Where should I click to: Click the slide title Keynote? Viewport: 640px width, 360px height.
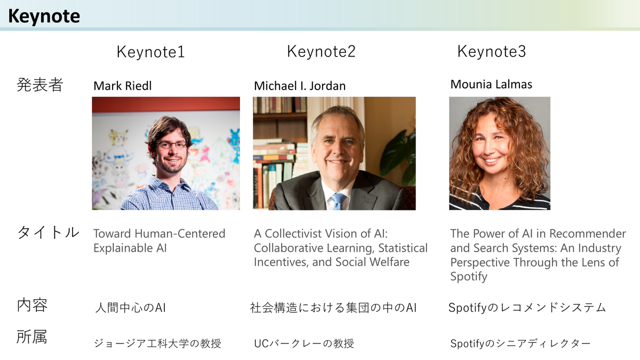coord(44,17)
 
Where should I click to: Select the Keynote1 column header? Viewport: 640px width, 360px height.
coord(150,52)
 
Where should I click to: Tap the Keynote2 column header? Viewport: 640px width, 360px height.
coord(321,52)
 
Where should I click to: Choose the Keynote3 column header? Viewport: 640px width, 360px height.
coord(491,52)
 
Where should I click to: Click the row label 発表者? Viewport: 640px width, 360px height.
coord(39,85)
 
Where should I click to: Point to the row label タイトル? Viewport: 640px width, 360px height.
coord(48,232)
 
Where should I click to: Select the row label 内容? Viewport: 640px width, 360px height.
coord(33,305)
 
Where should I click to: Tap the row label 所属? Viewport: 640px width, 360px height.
coord(31,337)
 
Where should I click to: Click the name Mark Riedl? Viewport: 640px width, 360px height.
coord(123,86)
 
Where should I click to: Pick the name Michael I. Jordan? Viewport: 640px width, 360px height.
coord(300,86)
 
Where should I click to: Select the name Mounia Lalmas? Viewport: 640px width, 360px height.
coord(491,84)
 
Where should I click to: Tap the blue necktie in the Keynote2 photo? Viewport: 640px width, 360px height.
coord(338,201)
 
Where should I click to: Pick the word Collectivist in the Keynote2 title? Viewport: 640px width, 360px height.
coord(297,234)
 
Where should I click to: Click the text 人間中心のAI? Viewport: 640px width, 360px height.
coord(130,308)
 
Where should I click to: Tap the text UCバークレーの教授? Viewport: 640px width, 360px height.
coord(304,343)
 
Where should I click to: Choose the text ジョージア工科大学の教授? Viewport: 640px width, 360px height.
coord(157,343)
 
